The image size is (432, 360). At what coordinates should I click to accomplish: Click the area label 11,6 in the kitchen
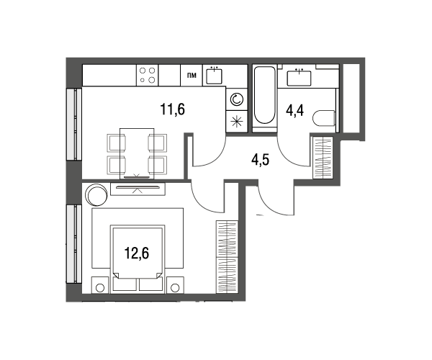point(172,109)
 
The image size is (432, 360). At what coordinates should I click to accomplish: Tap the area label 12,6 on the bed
point(137,253)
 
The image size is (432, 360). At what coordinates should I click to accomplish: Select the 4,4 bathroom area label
point(295,111)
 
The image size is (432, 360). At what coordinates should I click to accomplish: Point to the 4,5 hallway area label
point(260,160)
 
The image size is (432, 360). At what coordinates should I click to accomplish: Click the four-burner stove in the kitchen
point(147,75)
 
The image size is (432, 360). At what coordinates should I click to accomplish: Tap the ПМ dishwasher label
point(192,75)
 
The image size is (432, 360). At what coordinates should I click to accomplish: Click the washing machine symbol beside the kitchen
point(236,99)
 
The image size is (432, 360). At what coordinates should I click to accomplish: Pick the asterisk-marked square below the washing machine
point(236,121)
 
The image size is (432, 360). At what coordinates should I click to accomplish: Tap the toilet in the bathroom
point(324,118)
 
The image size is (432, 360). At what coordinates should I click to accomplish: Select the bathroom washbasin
point(299,78)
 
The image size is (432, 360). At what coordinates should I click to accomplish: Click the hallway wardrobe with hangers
point(323,158)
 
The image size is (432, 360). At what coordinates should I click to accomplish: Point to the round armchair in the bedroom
point(96,194)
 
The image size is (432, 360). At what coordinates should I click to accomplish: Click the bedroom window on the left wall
point(74,243)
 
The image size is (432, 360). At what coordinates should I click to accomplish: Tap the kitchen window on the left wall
point(74,124)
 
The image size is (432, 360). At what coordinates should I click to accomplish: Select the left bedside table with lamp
point(100,285)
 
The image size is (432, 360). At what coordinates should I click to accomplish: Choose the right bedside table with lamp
point(175,285)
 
